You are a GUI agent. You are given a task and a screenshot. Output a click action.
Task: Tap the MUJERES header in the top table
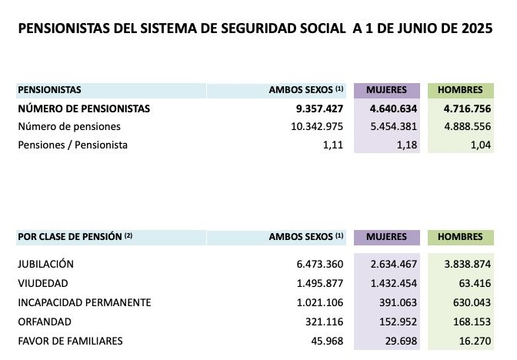click(x=387, y=90)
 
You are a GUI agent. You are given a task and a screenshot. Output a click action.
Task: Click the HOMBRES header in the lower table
click(x=461, y=237)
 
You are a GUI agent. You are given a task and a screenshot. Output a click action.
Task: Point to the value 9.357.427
click(x=315, y=108)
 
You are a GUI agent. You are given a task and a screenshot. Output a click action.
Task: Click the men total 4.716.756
click(x=462, y=108)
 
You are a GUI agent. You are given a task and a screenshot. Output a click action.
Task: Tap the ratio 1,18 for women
click(x=408, y=145)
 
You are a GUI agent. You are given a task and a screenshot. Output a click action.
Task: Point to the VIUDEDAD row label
click(x=43, y=283)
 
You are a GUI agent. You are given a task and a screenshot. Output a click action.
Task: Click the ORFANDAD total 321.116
click(x=324, y=322)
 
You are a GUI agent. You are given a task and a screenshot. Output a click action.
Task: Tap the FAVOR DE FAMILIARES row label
click(x=70, y=341)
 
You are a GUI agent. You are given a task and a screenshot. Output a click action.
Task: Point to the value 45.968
click(x=327, y=341)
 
